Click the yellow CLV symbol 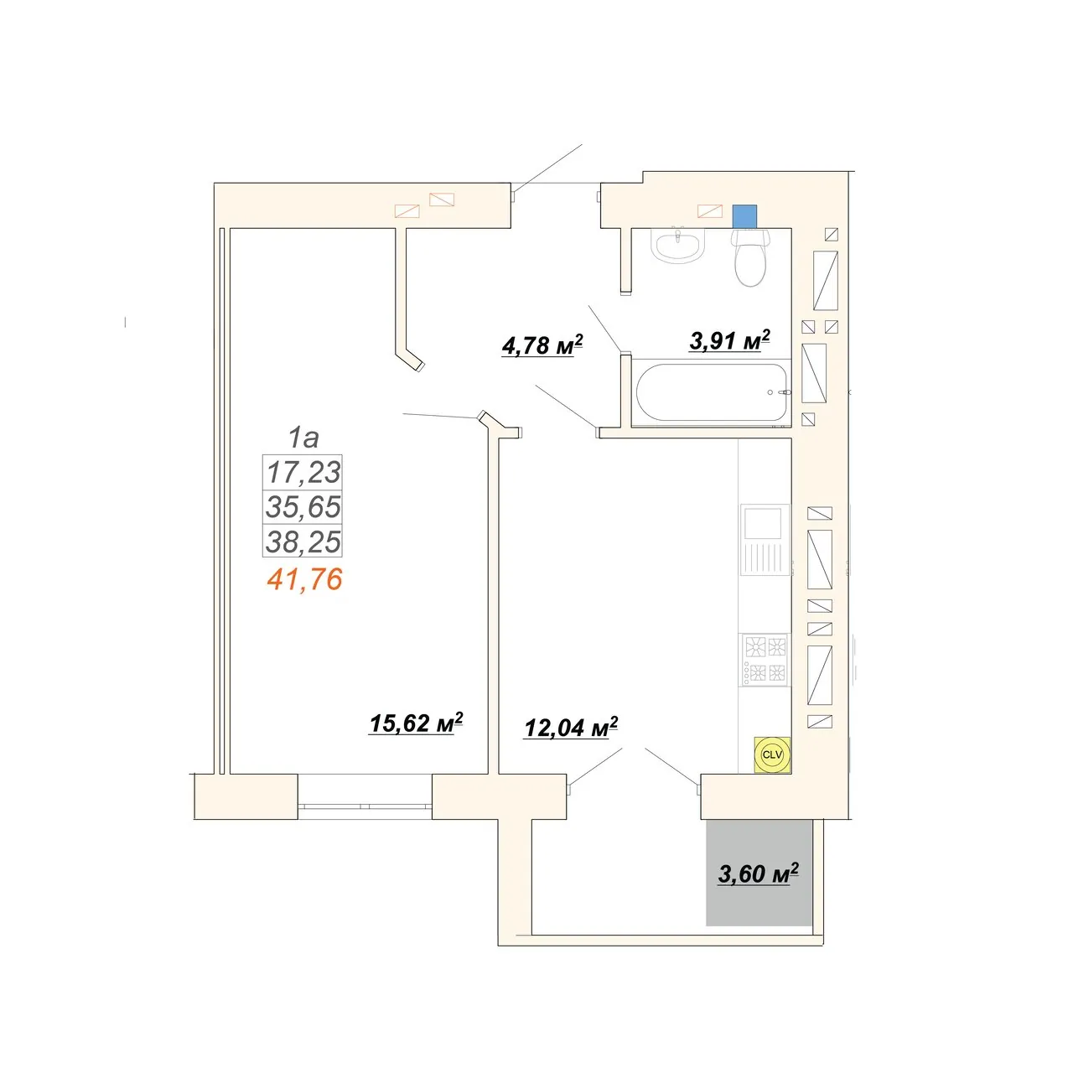pos(772,754)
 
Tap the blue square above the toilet pos(744,216)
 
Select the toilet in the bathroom pos(750,257)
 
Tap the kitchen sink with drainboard pos(765,540)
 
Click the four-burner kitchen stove pos(765,659)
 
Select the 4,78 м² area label pos(542,345)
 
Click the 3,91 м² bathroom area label pos(729,340)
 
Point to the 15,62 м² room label pos(416,723)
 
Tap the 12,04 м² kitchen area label pos(571,728)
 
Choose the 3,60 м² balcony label pos(759,873)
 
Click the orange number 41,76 pos(304,579)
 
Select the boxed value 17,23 pos(303,472)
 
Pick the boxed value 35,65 pos(303,506)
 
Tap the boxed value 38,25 pos(303,541)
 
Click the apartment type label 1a pos(303,438)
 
